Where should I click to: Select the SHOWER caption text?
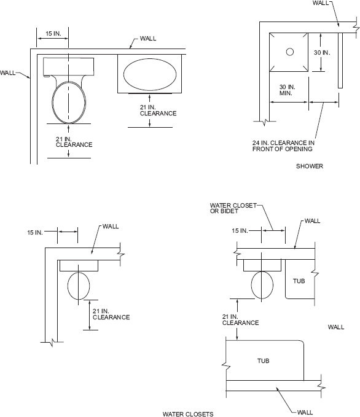click(309, 166)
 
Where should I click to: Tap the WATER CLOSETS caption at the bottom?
click(187, 414)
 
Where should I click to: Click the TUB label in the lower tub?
click(263, 360)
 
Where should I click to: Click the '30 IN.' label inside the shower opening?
click(322, 53)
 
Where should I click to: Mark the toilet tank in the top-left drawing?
click(68, 66)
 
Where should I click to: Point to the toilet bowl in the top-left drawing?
click(68, 101)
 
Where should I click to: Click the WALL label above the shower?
click(321, 3)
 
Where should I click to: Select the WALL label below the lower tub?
click(305, 412)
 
